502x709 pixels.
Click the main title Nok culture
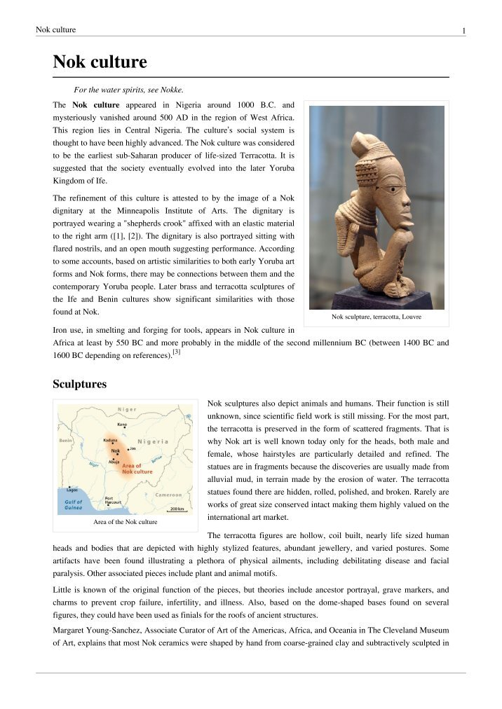100,62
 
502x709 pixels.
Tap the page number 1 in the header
463,30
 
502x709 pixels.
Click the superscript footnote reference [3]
176,352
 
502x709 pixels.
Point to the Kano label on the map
122,425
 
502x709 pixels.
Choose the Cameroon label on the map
169,495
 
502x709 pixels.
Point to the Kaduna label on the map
111,441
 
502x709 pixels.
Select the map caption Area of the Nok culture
125,522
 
